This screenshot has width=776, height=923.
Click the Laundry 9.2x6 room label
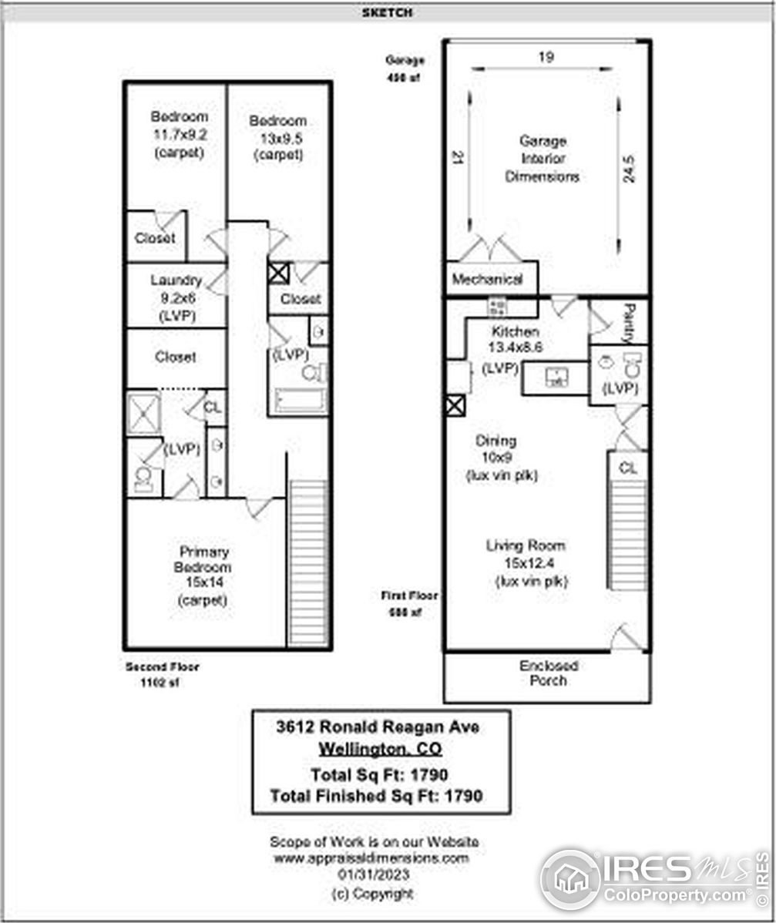[176, 297]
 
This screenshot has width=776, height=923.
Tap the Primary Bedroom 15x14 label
[203, 576]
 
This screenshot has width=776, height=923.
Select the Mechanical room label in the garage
[487, 280]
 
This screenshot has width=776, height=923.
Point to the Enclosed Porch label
[548, 673]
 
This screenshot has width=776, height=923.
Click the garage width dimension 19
[546, 57]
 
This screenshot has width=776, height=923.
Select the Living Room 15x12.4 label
[531, 563]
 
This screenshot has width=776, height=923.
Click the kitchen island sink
[556, 378]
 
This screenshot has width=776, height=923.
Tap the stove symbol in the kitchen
[496, 307]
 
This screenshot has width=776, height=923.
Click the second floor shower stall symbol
[144, 413]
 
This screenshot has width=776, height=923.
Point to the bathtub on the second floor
[299, 400]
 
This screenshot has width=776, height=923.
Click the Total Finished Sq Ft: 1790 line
[377, 796]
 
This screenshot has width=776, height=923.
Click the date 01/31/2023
[373, 875]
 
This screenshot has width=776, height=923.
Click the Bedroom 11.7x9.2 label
[179, 134]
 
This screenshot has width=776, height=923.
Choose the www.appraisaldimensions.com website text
[371, 858]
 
